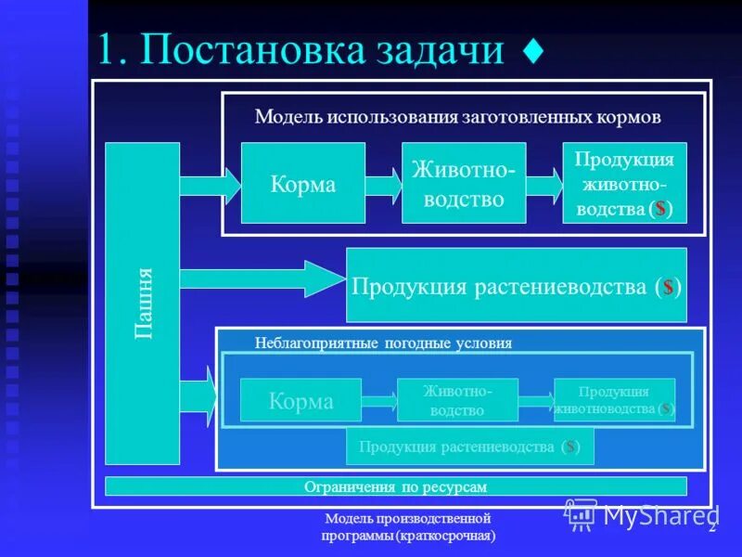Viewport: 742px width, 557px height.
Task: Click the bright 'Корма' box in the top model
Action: point(302,183)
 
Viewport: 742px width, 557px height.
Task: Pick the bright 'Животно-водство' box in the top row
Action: point(463,183)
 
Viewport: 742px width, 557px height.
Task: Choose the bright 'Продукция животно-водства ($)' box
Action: point(624,183)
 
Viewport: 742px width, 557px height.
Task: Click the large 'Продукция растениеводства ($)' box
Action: point(516,285)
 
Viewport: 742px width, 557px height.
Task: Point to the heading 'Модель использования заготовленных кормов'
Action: point(457,117)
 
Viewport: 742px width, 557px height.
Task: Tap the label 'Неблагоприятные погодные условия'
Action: point(383,343)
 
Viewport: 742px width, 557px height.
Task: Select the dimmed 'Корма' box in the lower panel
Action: point(301,400)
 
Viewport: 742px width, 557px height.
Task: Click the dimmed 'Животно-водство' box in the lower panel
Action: point(456,400)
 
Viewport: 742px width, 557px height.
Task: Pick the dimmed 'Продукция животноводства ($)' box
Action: point(614,400)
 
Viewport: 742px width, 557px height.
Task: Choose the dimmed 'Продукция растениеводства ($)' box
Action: point(469,447)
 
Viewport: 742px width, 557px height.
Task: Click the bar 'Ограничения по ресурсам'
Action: point(396,486)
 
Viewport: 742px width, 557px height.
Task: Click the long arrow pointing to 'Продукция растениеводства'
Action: point(260,278)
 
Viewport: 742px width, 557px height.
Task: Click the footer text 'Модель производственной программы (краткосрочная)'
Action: point(408,527)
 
